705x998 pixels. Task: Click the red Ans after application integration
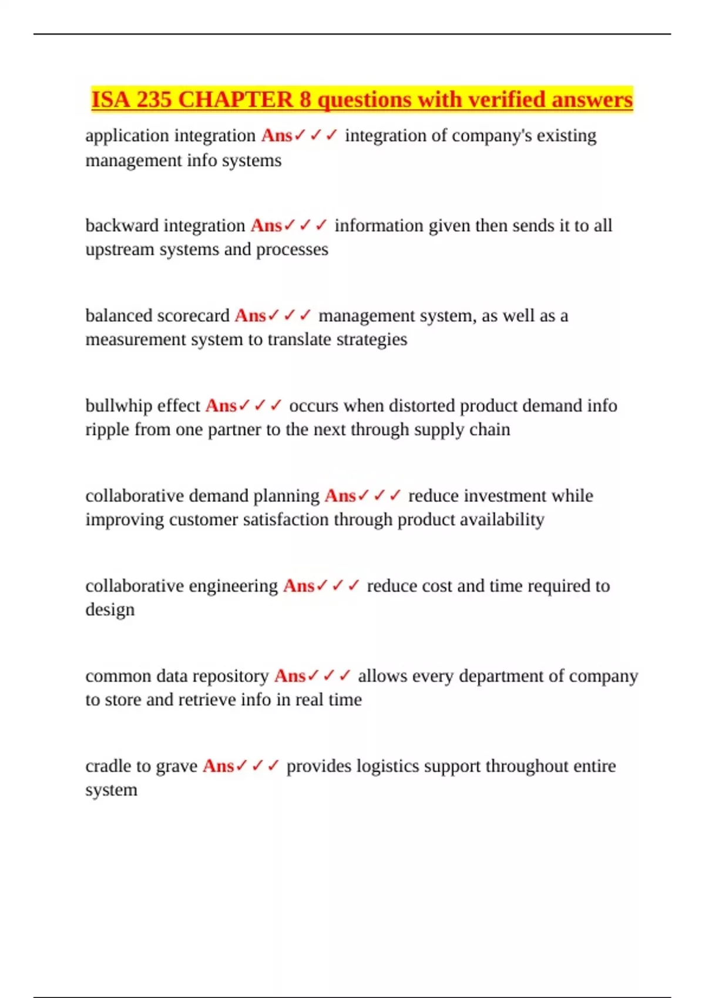tap(277, 136)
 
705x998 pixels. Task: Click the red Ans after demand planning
tap(340, 496)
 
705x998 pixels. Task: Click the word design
tap(110, 610)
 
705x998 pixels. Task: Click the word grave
tap(176, 766)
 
